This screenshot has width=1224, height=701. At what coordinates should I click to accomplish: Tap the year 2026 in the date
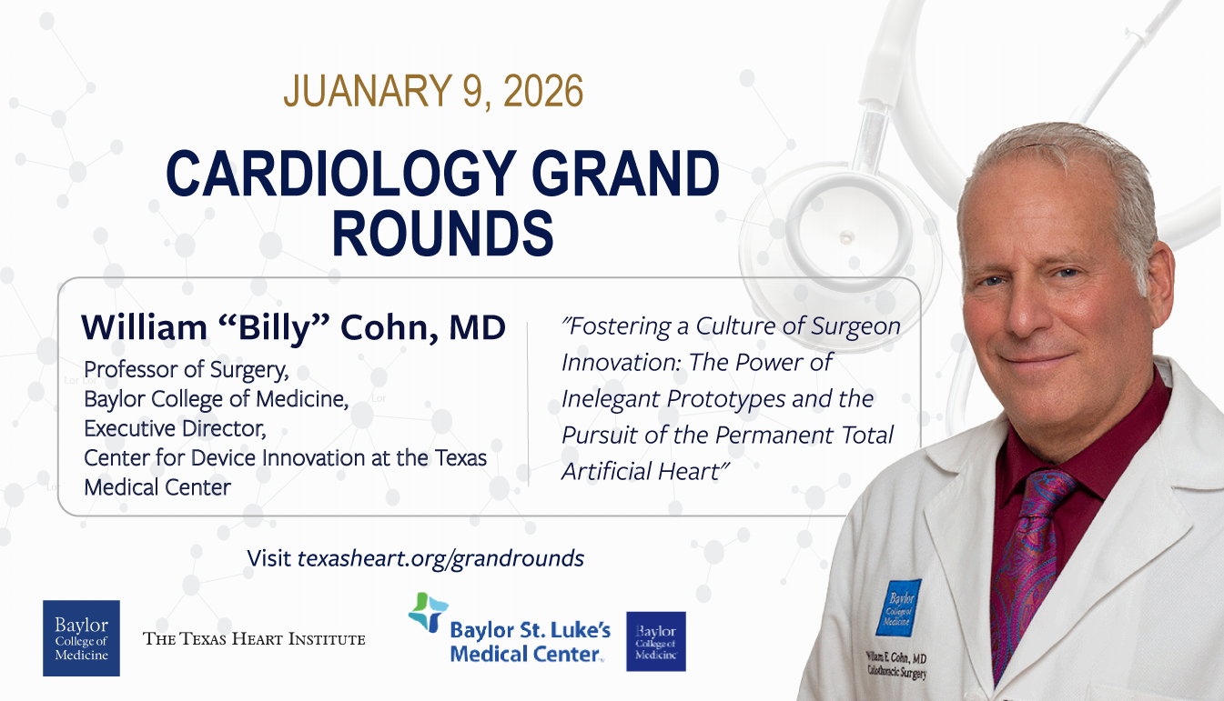click(543, 91)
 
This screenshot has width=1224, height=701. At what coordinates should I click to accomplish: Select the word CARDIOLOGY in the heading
click(341, 173)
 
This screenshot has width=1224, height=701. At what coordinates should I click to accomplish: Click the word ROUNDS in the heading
click(443, 233)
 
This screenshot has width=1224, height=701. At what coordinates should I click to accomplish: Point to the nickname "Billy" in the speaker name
click(274, 327)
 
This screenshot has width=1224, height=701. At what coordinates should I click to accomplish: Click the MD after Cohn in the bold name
click(477, 327)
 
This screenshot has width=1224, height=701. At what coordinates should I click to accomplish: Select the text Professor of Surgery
click(187, 370)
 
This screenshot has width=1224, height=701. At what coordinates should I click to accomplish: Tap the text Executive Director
click(175, 428)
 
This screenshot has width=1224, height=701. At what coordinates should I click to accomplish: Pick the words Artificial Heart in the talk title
click(643, 471)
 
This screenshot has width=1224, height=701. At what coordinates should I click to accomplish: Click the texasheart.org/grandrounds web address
click(440, 558)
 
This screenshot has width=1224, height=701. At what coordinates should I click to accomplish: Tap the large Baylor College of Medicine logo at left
click(81, 638)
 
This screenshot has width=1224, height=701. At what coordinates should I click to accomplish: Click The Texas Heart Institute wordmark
click(254, 639)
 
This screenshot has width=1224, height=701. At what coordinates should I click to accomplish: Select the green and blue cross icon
click(429, 613)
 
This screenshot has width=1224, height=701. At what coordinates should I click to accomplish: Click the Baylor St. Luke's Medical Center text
click(530, 642)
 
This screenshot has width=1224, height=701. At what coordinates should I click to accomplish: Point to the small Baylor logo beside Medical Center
click(656, 642)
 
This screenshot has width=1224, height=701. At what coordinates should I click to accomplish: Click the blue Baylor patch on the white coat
click(898, 607)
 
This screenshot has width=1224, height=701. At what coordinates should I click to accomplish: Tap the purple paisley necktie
click(1027, 567)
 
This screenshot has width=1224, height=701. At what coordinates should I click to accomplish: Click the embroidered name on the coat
click(896, 665)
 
